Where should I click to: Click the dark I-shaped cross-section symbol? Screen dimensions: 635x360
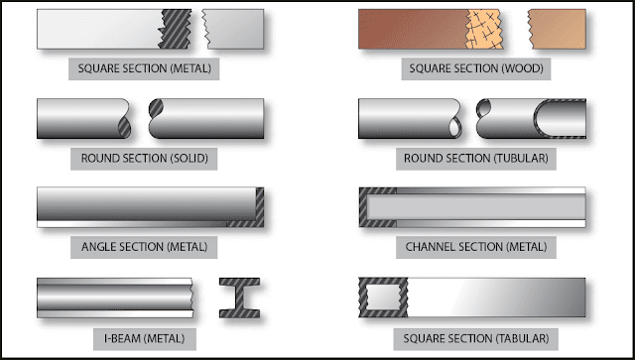[x=239, y=296]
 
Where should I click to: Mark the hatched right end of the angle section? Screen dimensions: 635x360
[x=259, y=206]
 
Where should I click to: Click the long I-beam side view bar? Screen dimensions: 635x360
[x=114, y=296]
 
